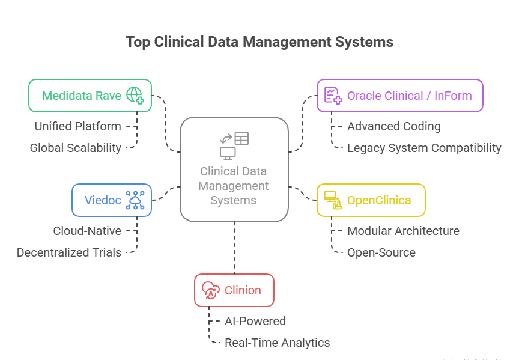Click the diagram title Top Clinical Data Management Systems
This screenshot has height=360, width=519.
point(259,41)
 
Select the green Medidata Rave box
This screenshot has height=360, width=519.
point(90,96)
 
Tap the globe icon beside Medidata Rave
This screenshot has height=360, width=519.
point(135,96)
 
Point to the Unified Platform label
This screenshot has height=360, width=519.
point(77,126)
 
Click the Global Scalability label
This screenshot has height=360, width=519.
point(76,148)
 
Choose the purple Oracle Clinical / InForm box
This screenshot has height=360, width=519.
point(399,96)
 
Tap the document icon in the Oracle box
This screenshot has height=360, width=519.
point(333,96)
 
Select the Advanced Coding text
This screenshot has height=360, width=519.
point(393,126)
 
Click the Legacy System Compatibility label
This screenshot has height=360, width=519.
point(424,148)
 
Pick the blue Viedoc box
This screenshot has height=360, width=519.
point(111,200)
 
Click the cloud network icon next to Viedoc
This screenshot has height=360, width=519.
point(135,200)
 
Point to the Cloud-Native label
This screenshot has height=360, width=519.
point(87,231)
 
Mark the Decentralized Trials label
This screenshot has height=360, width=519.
point(68,252)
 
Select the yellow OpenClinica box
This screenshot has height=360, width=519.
point(371,200)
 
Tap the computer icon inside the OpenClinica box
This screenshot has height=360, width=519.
point(333,200)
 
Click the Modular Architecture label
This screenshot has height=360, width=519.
point(403,231)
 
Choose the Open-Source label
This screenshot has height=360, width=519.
point(381,252)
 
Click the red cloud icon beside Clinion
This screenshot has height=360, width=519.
point(210,290)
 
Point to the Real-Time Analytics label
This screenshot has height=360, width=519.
point(277,343)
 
